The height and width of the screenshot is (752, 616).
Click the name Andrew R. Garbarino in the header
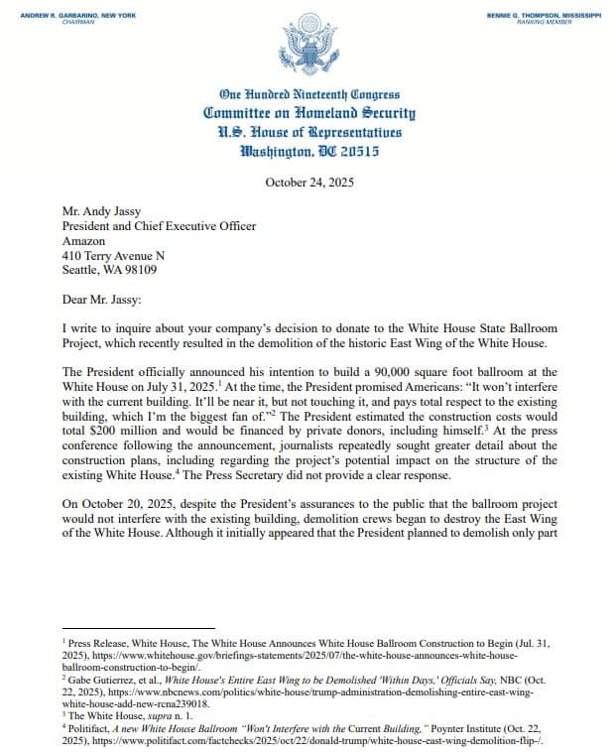tap(64, 14)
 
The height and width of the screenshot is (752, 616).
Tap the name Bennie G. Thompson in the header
tap(545, 14)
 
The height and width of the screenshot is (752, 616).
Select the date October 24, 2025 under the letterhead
tap(308, 182)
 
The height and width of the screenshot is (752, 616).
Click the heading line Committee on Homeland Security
tap(308, 114)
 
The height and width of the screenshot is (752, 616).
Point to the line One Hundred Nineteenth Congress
tap(308, 95)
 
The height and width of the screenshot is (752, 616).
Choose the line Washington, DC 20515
tap(308, 152)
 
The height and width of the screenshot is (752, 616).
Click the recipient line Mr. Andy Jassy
tap(104, 211)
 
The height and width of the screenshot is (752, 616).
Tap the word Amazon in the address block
tap(83, 241)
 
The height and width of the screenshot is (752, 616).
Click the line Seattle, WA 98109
tap(109, 271)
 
